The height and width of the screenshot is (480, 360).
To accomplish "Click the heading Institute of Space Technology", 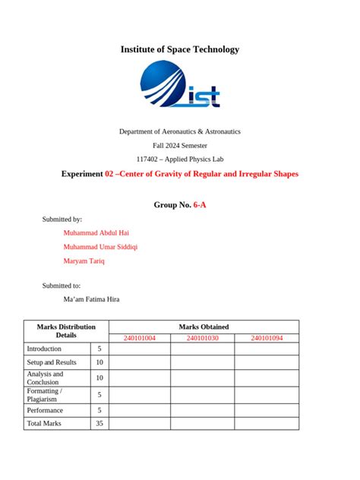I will pos(180,49).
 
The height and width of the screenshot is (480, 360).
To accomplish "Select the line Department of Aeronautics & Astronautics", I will pos(180,131).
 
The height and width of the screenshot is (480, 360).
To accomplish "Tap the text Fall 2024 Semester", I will pos(180,145).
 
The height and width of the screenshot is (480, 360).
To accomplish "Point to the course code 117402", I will pos(147,159).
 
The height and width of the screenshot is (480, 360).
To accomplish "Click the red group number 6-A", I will pos(200,204).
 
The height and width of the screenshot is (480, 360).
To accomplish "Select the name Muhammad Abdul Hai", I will pos(97,232).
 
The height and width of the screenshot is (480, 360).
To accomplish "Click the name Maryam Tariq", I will pos(84,261).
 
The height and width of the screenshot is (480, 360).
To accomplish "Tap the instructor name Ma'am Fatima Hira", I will pos(91,299).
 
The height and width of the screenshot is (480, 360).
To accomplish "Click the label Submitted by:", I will pos(62,219).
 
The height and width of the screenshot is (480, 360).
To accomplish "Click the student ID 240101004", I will pos(139,337).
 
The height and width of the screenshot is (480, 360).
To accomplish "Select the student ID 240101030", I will pos(202,337).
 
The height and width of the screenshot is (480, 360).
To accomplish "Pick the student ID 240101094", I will pos(267,337).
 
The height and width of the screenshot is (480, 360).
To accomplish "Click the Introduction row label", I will pos(44,349).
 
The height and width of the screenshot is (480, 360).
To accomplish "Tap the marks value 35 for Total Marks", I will pos(99,423).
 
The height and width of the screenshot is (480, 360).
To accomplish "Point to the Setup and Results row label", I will pos(52,362).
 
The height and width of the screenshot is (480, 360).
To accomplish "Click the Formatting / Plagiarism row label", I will pos(45,394).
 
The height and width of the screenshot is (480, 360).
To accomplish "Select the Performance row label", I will pos(46,410).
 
